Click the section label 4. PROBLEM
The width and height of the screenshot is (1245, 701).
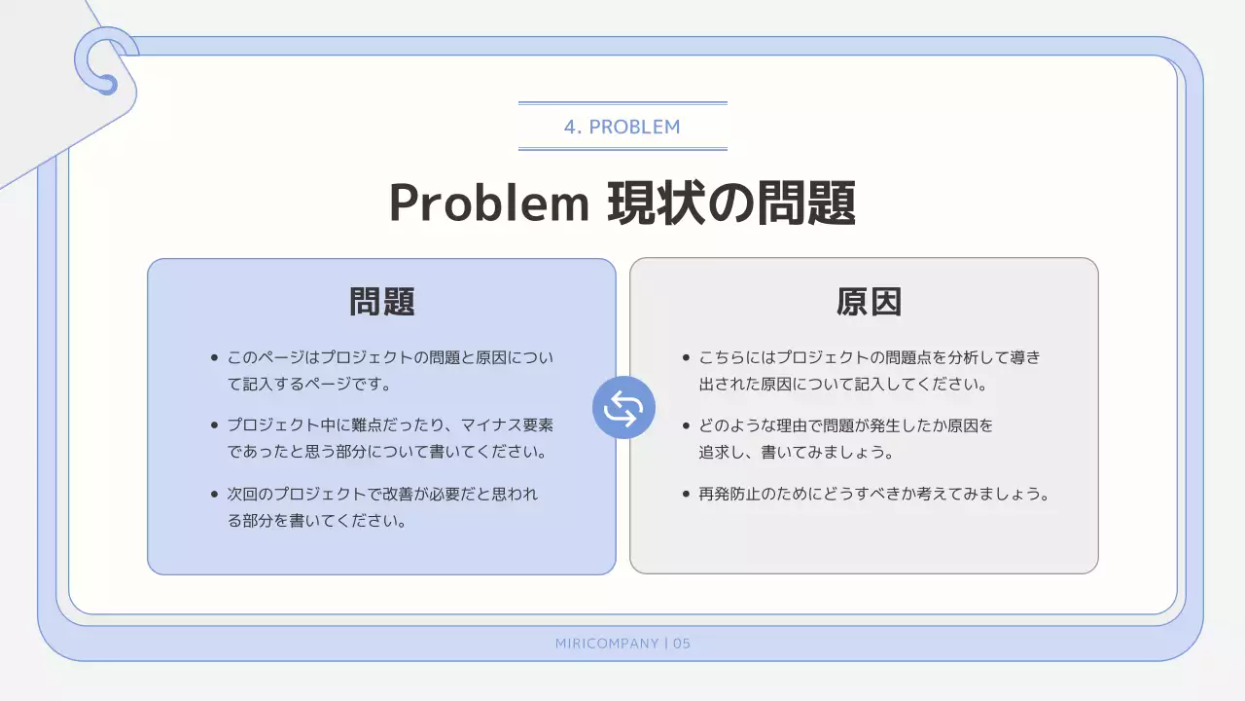click(x=622, y=127)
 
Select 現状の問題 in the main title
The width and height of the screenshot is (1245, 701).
click(x=732, y=203)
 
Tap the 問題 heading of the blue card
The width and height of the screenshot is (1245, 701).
click(x=382, y=302)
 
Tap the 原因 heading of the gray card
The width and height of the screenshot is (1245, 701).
click(x=869, y=302)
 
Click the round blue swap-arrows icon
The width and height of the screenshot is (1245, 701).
click(x=623, y=407)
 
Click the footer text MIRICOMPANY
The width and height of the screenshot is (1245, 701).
click(x=607, y=644)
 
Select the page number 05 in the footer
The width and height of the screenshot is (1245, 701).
click(x=681, y=644)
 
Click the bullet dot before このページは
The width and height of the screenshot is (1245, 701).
click(x=214, y=357)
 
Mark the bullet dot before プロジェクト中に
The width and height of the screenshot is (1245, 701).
click(x=214, y=425)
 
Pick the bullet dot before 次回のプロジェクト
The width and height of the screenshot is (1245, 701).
click(x=214, y=494)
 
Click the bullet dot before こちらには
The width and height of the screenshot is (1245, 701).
click(x=686, y=357)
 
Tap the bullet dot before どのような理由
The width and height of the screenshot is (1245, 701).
click(x=686, y=425)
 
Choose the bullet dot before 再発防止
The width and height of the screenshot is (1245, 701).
click(x=686, y=494)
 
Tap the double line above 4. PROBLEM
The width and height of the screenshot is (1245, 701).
click(x=622, y=102)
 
